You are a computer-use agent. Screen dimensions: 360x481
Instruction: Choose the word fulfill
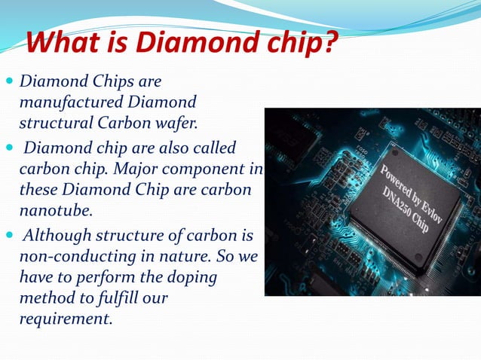(117, 298)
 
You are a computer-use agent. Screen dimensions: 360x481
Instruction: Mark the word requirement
(66, 318)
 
